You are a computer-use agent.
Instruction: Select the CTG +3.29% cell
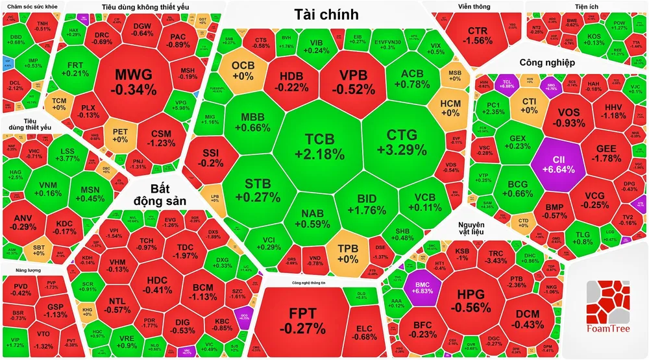(x=406, y=142)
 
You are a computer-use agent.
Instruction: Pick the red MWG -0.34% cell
(x=135, y=80)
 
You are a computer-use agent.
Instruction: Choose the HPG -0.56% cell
(x=471, y=300)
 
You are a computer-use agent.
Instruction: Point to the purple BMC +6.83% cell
(x=418, y=286)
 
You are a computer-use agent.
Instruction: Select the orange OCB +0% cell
(x=243, y=70)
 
